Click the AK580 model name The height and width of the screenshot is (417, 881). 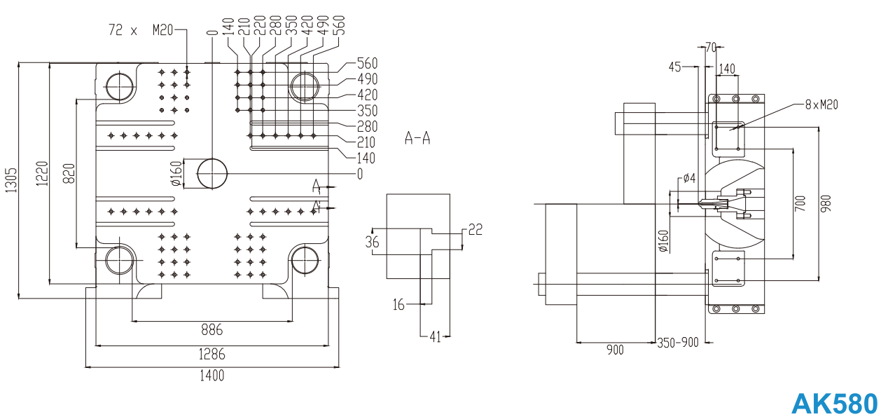tap(834, 404)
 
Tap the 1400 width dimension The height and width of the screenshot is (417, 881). tap(211, 376)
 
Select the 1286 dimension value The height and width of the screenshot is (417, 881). tap(211, 355)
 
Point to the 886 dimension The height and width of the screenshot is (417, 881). tap(211, 330)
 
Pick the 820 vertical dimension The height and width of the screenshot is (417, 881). tap(69, 172)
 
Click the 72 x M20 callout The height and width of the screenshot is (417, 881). tap(140, 30)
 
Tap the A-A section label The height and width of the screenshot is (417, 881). tap(417, 138)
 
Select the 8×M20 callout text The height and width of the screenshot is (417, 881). tap(821, 105)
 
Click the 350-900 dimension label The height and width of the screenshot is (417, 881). tap(678, 343)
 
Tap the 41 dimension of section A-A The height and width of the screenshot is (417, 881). tap(435, 337)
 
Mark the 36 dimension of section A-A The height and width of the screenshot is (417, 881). tap(373, 242)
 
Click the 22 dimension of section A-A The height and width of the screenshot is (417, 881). tap(476, 229)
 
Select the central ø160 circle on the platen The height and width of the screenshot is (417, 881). tap(212, 172)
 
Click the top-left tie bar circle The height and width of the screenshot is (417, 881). tap(120, 86)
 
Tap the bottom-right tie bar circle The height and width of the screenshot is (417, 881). tap(305, 259)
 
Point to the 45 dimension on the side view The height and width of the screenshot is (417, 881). tap(675, 67)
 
